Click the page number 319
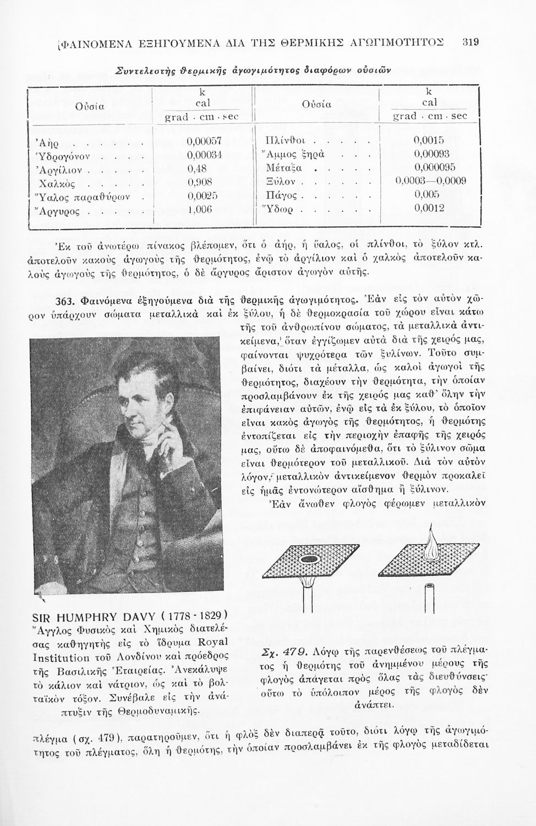[x=471, y=42]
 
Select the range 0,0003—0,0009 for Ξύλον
[x=431, y=182]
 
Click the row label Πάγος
[x=278, y=196]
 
